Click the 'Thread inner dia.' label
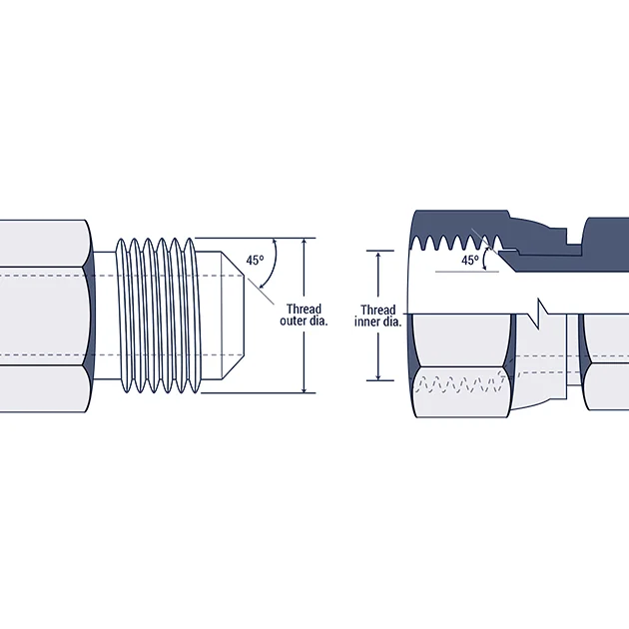[378, 315]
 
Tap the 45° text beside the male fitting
[255, 261]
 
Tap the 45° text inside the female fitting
[470, 260]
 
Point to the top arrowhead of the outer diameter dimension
[305, 243]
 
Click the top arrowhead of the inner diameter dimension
[378, 255]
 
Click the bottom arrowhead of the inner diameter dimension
[378, 376]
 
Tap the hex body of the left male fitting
[45, 315]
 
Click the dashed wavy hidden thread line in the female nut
[459, 383]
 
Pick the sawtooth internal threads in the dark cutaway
[454, 241]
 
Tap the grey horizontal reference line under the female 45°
[464, 271]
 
